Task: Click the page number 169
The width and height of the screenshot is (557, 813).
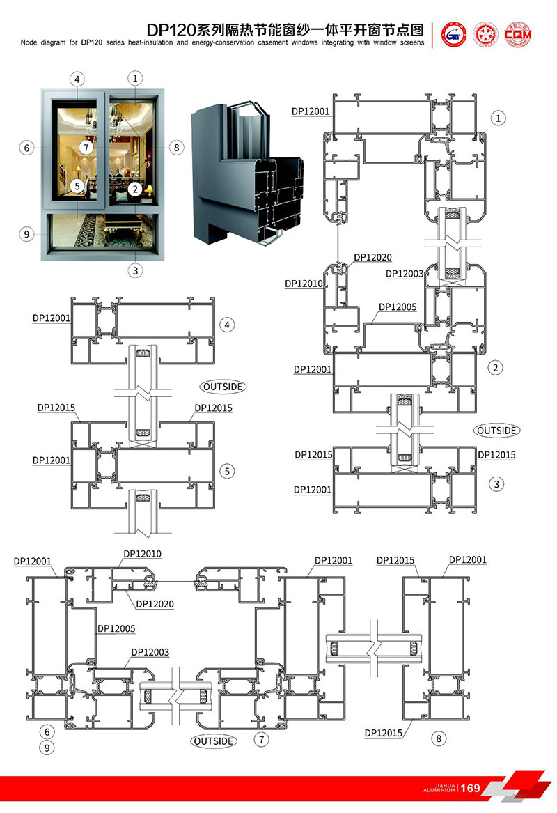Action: pyautogui.click(x=471, y=788)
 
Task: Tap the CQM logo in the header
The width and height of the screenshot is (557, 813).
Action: pyautogui.click(x=517, y=33)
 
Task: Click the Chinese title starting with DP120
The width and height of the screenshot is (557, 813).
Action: pyautogui.click(x=285, y=30)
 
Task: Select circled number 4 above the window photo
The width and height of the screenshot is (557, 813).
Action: pyautogui.click(x=77, y=79)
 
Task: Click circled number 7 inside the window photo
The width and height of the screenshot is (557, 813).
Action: pyautogui.click(x=86, y=147)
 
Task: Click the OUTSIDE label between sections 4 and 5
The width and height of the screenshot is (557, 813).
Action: pyautogui.click(x=223, y=385)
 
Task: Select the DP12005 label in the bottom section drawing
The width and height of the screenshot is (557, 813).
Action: pyautogui.click(x=116, y=628)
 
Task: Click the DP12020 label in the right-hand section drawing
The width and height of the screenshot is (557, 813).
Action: pyautogui.click(x=373, y=257)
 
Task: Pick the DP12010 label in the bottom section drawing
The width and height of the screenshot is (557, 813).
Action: pyautogui.click(x=142, y=554)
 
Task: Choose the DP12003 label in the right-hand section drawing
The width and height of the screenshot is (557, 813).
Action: pyautogui.click(x=405, y=274)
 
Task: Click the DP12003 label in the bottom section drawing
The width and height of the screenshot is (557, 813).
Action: pyautogui.click(x=150, y=652)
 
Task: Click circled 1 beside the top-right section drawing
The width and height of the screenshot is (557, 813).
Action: pyautogui.click(x=499, y=118)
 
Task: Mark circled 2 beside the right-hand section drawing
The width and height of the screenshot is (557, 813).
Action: pyautogui.click(x=496, y=367)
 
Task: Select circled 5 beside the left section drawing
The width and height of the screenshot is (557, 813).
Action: pyautogui.click(x=226, y=471)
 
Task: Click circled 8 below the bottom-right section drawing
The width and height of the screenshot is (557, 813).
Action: pyautogui.click(x=437, y=738)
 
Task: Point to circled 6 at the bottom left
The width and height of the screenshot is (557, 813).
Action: pyautogui.click(x=47, y=731)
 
